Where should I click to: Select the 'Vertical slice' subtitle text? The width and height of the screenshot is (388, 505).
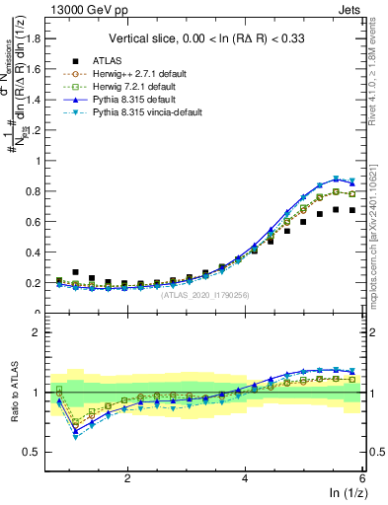tap(213, 38)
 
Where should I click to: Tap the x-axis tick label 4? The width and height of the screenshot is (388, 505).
tap(245, 477)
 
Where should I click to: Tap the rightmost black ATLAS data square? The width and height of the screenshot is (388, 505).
tap(352, 210)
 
